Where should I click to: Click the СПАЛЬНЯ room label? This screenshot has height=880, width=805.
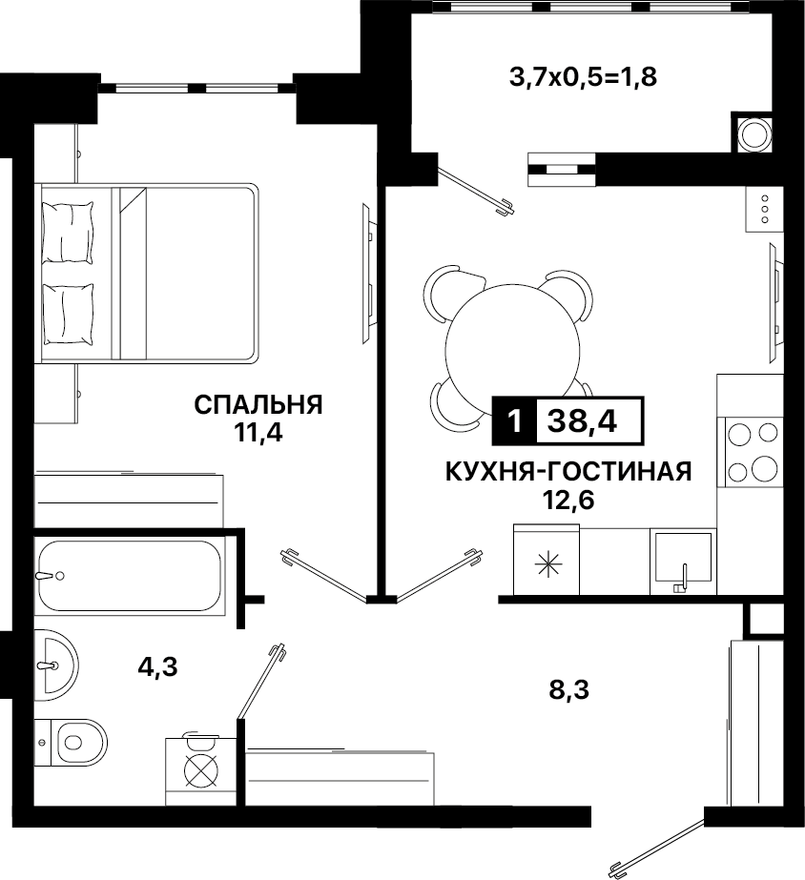point(258,404)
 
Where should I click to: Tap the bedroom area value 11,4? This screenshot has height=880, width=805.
point(258,433)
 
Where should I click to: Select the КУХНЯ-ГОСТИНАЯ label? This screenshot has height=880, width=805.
point(568,472)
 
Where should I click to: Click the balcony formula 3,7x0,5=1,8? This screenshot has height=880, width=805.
point(583,77)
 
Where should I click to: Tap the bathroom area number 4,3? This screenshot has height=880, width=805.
point(157,667)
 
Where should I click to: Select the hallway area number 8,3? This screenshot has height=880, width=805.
point(569,689)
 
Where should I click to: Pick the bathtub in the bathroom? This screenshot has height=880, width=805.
point(129,575)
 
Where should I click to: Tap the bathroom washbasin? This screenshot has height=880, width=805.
point(55,665)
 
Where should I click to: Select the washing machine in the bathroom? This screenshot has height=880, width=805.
point(200,771)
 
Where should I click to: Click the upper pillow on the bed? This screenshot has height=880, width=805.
point(68,233)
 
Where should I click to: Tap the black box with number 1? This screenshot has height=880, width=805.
point(514,420)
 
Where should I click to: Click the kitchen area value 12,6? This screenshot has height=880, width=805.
point(568,500)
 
